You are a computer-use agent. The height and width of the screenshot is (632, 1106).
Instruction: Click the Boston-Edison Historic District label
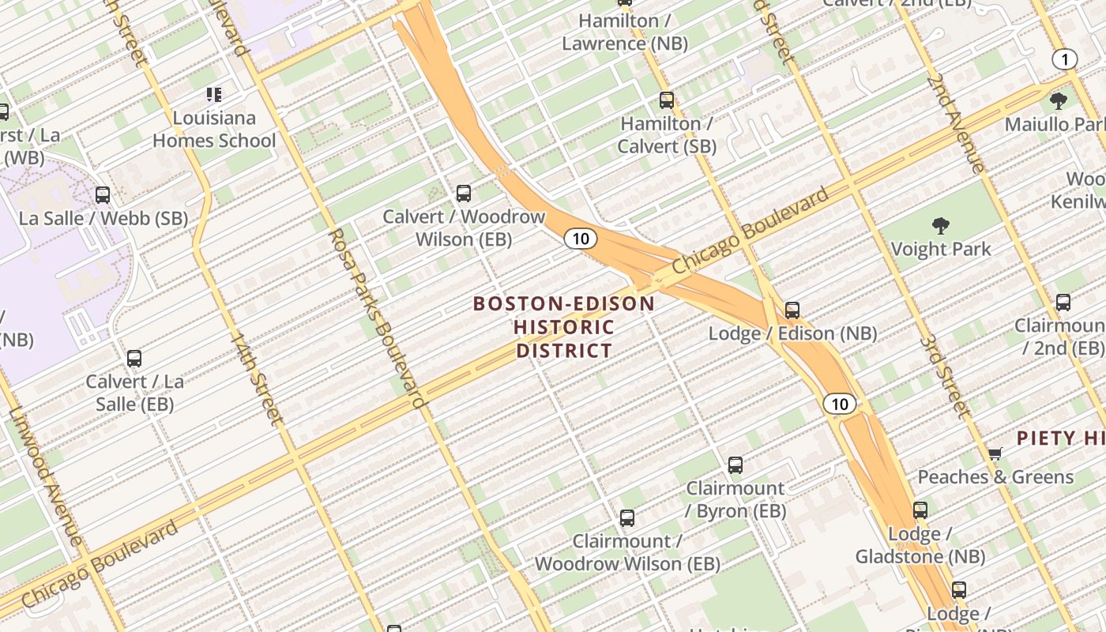click(563, 327)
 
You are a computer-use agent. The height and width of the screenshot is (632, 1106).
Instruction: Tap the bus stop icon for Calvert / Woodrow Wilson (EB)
click(464, 193)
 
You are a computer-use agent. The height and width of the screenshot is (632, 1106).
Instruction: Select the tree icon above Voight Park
click(940, 227)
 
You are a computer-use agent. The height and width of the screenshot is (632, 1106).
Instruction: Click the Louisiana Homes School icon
click(213, 95)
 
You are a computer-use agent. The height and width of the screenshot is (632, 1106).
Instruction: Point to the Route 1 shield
click(1065, 59)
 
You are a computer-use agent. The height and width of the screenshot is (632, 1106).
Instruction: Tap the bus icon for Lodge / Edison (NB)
click(792, 310)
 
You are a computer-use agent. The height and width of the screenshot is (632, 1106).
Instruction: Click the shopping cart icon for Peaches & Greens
click(995, 453)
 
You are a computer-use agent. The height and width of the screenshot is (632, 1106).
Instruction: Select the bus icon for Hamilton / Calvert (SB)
click(667, 100)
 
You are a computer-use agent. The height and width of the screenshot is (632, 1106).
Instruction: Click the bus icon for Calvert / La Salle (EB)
click(134, 359)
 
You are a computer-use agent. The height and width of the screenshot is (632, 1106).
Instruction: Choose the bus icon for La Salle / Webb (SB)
click(103, 195)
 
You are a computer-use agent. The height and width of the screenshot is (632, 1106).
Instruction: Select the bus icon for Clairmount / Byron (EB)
click(735, 465)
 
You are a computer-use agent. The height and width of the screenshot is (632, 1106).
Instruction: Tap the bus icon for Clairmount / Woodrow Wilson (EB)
click(627, 518)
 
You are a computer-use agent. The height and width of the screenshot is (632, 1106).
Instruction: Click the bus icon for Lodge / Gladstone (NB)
click(920, 510)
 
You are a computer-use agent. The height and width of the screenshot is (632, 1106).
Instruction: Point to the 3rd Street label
click(945, 378)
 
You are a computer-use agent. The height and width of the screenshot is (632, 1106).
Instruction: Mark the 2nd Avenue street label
click(956, 122)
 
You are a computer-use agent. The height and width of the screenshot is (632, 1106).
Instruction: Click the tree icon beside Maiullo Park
click(1059, 100)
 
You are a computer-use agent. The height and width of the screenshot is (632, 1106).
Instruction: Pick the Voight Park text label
click(940, 250)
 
